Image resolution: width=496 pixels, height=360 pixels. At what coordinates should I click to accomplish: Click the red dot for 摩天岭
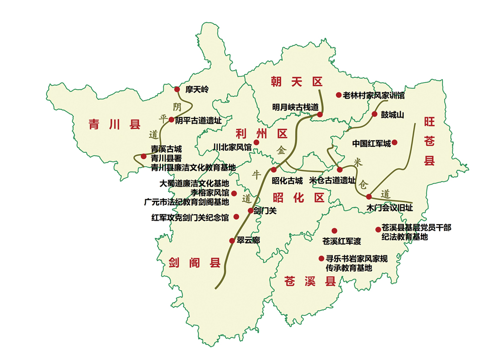pyautogui.click(x=177, y=89)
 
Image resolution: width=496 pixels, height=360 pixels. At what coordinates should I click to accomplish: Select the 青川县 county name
pyautogui.click(x=115, y=124)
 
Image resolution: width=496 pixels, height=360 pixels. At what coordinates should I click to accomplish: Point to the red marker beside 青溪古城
pyautogui.click(x=144, y=157)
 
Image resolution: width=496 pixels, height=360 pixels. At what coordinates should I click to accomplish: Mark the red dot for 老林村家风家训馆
pyautogui.click(x=339, y=95)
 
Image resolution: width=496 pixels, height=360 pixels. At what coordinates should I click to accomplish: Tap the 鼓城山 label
pyautogui.click(x=392, y=115)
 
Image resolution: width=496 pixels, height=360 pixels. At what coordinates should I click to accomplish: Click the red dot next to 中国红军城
pyautogui.click(x=395, y=143)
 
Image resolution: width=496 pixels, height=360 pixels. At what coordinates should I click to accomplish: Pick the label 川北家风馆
pyautogui.click(x=232, y=147)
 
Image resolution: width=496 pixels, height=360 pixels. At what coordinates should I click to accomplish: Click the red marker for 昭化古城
pyautogui.click(x=274, y=170)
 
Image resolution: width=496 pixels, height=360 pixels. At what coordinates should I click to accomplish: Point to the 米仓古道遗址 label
pyautogui.click(x=332, y=180)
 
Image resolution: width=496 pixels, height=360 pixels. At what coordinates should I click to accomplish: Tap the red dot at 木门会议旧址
pyautogui.click(x=369, y=197)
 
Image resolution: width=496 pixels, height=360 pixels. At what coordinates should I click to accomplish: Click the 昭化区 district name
pyautogui.click(x=299, y=198)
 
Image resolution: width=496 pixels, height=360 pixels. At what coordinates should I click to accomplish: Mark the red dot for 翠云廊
pyautogui.click(x=232, y=240)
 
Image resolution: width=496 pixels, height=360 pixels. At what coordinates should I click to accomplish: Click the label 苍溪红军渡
pyautogui.click(x=342, y=241)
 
